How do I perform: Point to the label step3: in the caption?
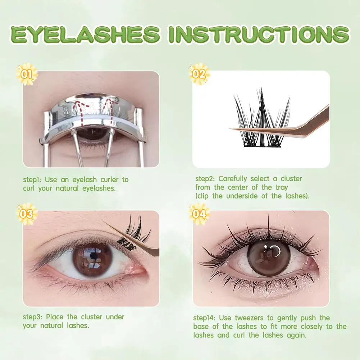point(33,317)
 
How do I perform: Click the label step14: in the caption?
point(206,318)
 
